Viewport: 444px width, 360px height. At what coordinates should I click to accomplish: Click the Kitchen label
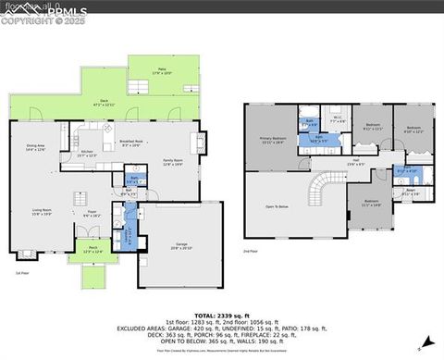(x=86, y=154)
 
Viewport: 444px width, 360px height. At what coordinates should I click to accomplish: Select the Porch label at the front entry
(x=93, y=250)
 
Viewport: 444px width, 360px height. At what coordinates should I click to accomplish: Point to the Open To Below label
(x=277, y=205)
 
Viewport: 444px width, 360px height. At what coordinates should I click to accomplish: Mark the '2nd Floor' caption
(x=250, y=251)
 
